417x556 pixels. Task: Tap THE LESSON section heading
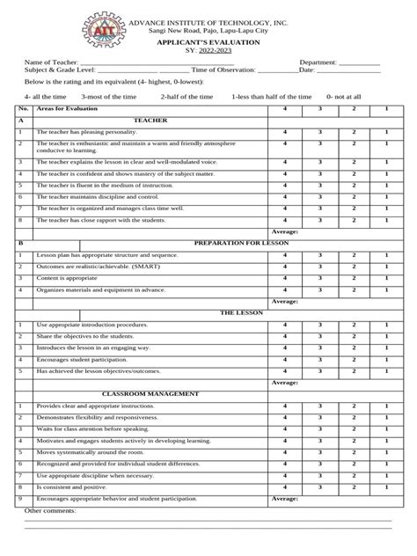pyautogui.click(x=238, y=312)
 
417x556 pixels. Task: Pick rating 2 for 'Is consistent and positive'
pyautogui.click(x=353, y=486)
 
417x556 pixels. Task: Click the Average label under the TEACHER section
pyautogui.click(x=285, y=230)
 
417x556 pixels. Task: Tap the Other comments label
pyautogui.click(x=50, y=510)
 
